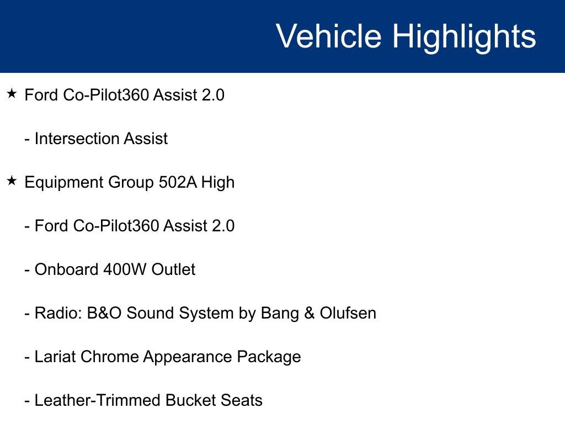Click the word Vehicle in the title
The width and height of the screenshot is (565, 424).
328,36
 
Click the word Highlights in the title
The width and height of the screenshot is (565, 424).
464,36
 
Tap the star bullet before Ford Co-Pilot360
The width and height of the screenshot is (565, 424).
12,94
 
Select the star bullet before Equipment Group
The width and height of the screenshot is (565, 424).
12,181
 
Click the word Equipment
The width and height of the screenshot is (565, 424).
61,182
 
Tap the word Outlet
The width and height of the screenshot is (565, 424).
173,269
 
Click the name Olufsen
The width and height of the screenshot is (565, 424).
348,313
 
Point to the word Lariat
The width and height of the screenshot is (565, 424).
55,357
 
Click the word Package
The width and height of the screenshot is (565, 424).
269,357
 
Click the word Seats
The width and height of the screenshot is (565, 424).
241,400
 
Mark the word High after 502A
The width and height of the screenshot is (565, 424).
217,182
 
